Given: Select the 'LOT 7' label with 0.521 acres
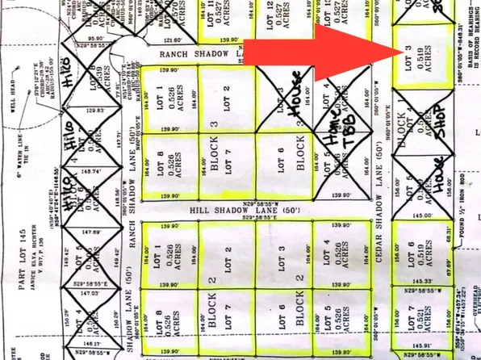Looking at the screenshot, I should tap(408, 328).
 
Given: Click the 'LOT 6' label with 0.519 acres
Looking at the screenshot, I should tap(408, 257).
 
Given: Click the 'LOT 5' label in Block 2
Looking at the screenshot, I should tap(328, 319).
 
